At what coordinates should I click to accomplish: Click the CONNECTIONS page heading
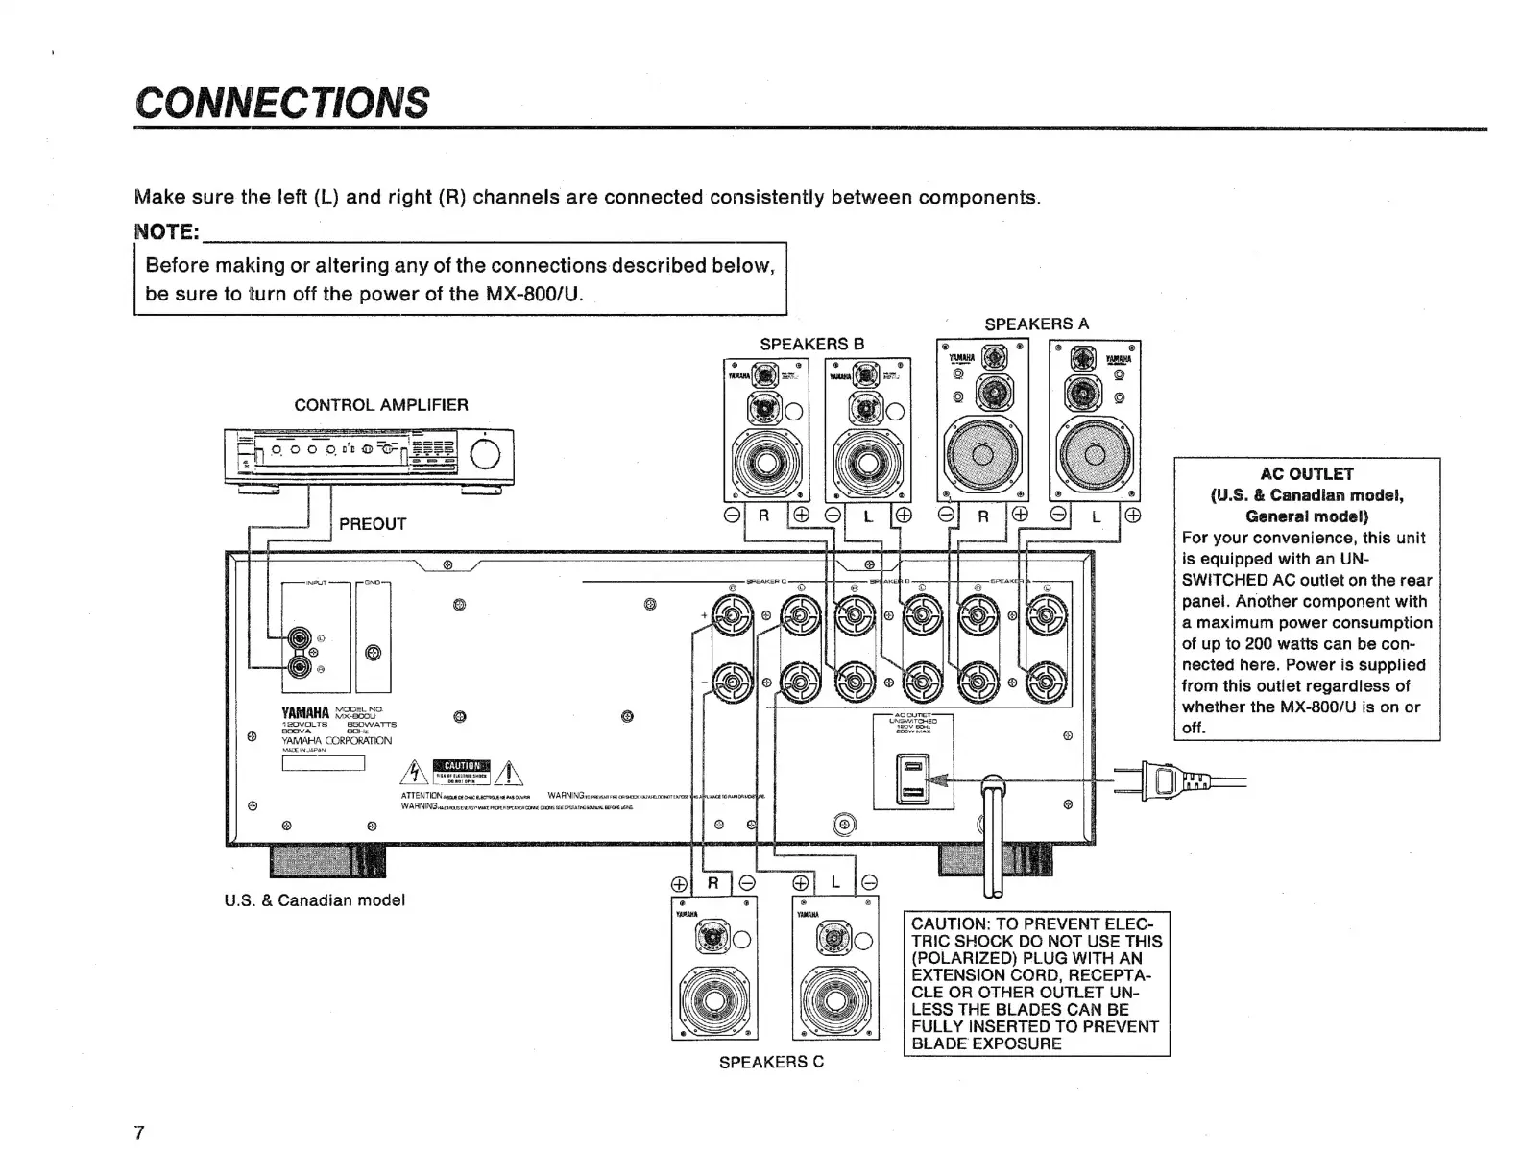pos(282,102)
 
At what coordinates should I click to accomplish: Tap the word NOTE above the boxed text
pos(166,232)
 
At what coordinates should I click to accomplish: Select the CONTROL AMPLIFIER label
pos(381,405)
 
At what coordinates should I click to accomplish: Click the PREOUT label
pos(373,524)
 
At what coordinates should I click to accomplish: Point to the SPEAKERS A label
pos(1037,324)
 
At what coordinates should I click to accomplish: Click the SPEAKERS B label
pos(812,344)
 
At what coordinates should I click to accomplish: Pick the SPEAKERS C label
pos(771,1062)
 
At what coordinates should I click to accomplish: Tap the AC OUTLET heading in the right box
pos(1307,473)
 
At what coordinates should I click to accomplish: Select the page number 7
pos(139,1133)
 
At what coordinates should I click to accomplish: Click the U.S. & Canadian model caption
pos(315,900)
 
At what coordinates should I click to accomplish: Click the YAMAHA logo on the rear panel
pos(304,713)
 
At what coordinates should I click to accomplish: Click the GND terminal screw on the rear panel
pos(374,654)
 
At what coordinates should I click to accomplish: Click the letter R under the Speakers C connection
pos(712,883)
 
